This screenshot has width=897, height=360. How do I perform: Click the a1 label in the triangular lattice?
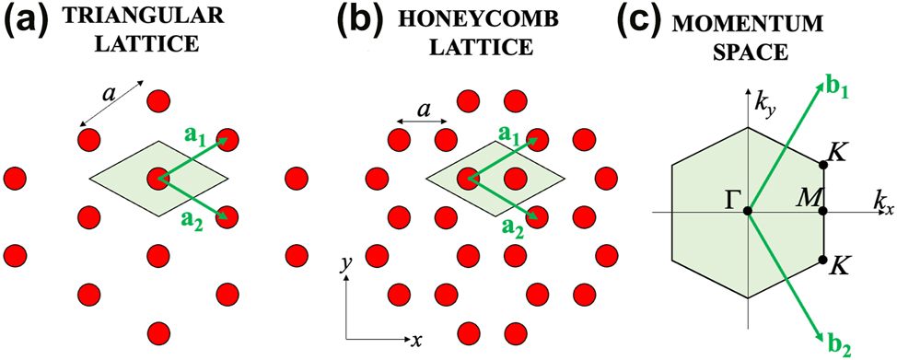click(x=197, y=137)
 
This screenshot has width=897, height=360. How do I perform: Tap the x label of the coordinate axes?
click(x=416, y=340)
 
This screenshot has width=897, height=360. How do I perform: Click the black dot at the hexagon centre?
click(x=749, y=212)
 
